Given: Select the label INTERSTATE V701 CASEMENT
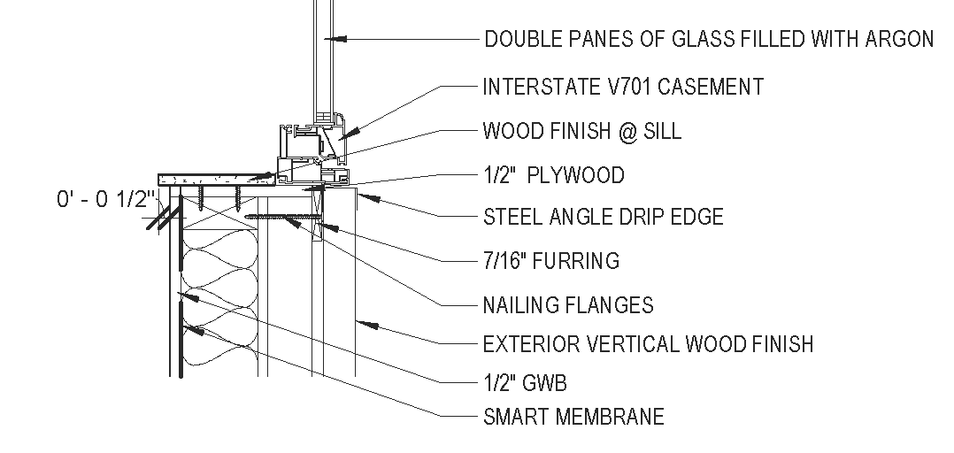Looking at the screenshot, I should point(622,87).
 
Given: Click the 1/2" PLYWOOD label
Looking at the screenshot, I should point(553,175).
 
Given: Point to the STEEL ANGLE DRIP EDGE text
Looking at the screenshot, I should point(603,217).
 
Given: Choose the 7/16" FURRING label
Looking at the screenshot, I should point(550,261).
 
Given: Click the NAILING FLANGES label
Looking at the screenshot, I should point(568,305).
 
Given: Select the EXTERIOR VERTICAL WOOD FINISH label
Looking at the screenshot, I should point(648,344).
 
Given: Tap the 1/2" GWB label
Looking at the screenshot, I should point(524,383).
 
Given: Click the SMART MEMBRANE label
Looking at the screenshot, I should point(573,416).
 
